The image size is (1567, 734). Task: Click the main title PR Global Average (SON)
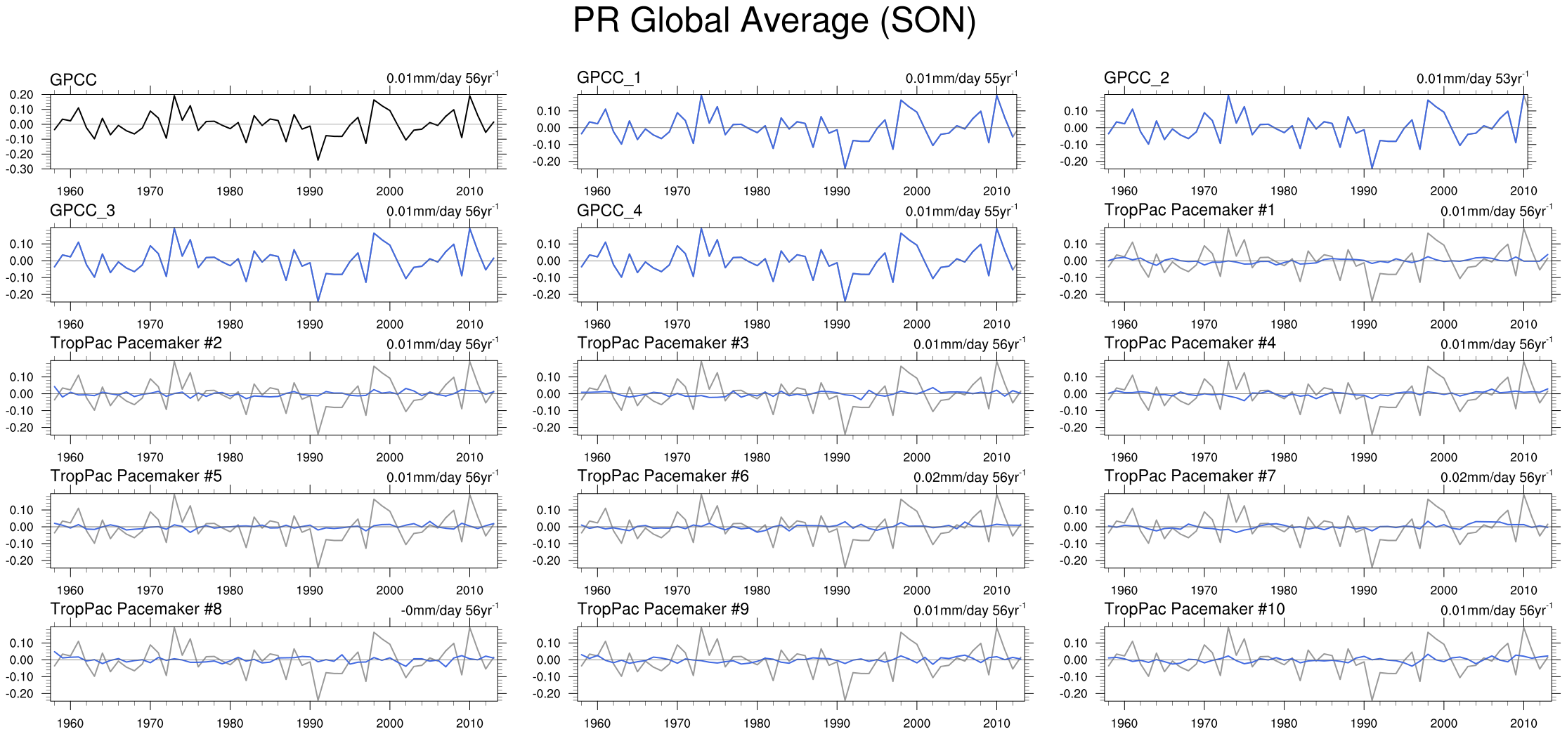point(774,21)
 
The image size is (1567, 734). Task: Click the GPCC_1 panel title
point(609,78)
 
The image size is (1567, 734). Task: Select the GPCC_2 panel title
point(1136,78)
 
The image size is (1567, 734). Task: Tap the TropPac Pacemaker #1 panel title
point(1189,210)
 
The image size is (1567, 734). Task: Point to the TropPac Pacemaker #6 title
point(663,476)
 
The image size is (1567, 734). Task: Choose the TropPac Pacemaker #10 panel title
point(1194,609)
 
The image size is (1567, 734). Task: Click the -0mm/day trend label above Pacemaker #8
point(450,610)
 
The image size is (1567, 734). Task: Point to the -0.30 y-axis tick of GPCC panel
point(21,169)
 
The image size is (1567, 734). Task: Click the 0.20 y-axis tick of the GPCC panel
point(22,95)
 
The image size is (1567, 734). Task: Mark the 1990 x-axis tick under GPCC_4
point(836,325)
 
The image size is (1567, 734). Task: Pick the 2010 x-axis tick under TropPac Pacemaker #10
point(1523,723)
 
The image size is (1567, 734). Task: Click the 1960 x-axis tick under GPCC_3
point(70,325)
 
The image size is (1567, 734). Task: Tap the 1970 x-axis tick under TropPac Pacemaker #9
point(677,723)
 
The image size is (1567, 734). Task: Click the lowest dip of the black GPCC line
point(318,160)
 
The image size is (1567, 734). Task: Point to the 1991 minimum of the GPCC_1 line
point(845,168)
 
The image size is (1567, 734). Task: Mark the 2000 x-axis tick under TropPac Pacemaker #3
point(916,457)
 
